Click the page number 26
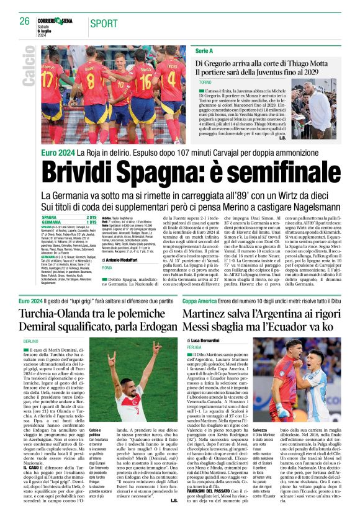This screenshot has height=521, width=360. click(25, 21)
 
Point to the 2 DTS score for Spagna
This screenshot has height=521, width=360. click(92, 217)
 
